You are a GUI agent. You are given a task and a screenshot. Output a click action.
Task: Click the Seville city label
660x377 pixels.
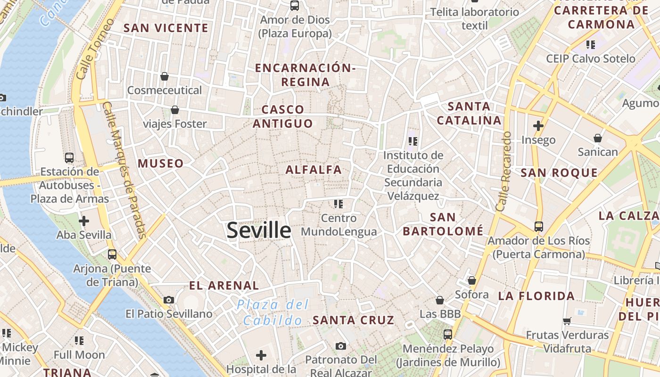pyautogui.click(x=259, y=230)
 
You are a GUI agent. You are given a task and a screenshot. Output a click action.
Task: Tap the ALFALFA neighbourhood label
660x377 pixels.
pyautogui.click(x=313, y=170)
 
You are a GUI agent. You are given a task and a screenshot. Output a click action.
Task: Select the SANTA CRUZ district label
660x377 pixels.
pyautogui.click(x=353, y=320)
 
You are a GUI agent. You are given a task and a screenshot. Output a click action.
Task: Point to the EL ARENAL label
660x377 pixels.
pyautogui.click(x=224, y=286)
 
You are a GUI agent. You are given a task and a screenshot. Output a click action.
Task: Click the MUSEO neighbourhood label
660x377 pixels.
pyautogui.click(x=160, y=164)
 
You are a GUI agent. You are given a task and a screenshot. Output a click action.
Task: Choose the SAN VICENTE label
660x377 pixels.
pyautogui.click(x=166, y=28)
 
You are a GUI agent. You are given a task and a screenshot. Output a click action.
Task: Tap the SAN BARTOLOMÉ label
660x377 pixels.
pyautogui.click(x=443, y=224)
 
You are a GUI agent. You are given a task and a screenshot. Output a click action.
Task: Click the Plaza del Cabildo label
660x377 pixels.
pyautogui.click(x=272, y=312)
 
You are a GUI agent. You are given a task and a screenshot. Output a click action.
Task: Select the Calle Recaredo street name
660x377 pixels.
pyautogui.click(x=503, y=171)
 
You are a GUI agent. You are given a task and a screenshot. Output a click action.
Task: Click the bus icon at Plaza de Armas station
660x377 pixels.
pyautogui.click(x=69, y=157)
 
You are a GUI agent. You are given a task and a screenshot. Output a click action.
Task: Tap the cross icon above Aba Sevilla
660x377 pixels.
pyautogui.click(x=84, y=221)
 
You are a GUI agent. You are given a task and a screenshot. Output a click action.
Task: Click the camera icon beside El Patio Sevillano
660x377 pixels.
pyautogui.click(x=169, y=300)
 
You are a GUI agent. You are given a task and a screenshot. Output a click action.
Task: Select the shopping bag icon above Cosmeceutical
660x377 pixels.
pyautogui.click(x=165, y=76)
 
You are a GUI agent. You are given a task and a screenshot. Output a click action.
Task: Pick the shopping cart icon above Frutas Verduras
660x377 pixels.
pyautogui.click(x=567, y=321)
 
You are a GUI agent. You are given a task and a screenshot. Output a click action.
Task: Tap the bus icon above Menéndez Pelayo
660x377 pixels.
pyautogui.click(x=448, y=335)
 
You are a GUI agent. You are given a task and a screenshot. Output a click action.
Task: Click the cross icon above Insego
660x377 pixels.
pyautogui.click(x=538, y=126)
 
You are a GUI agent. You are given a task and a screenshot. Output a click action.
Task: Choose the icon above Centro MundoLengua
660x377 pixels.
pyautogui.click(x=338, y=204)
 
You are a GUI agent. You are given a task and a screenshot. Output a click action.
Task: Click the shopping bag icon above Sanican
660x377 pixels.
pyautogui.click(x=598, y=138)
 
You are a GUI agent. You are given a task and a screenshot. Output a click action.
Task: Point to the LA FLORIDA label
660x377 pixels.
pyautogui.click(x=536, y=296)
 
